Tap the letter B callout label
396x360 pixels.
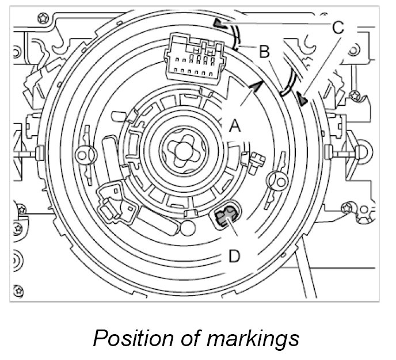(x=264, y=52)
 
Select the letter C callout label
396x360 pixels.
(x=338, y=26)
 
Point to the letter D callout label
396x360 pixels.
(x=234, y=255)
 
